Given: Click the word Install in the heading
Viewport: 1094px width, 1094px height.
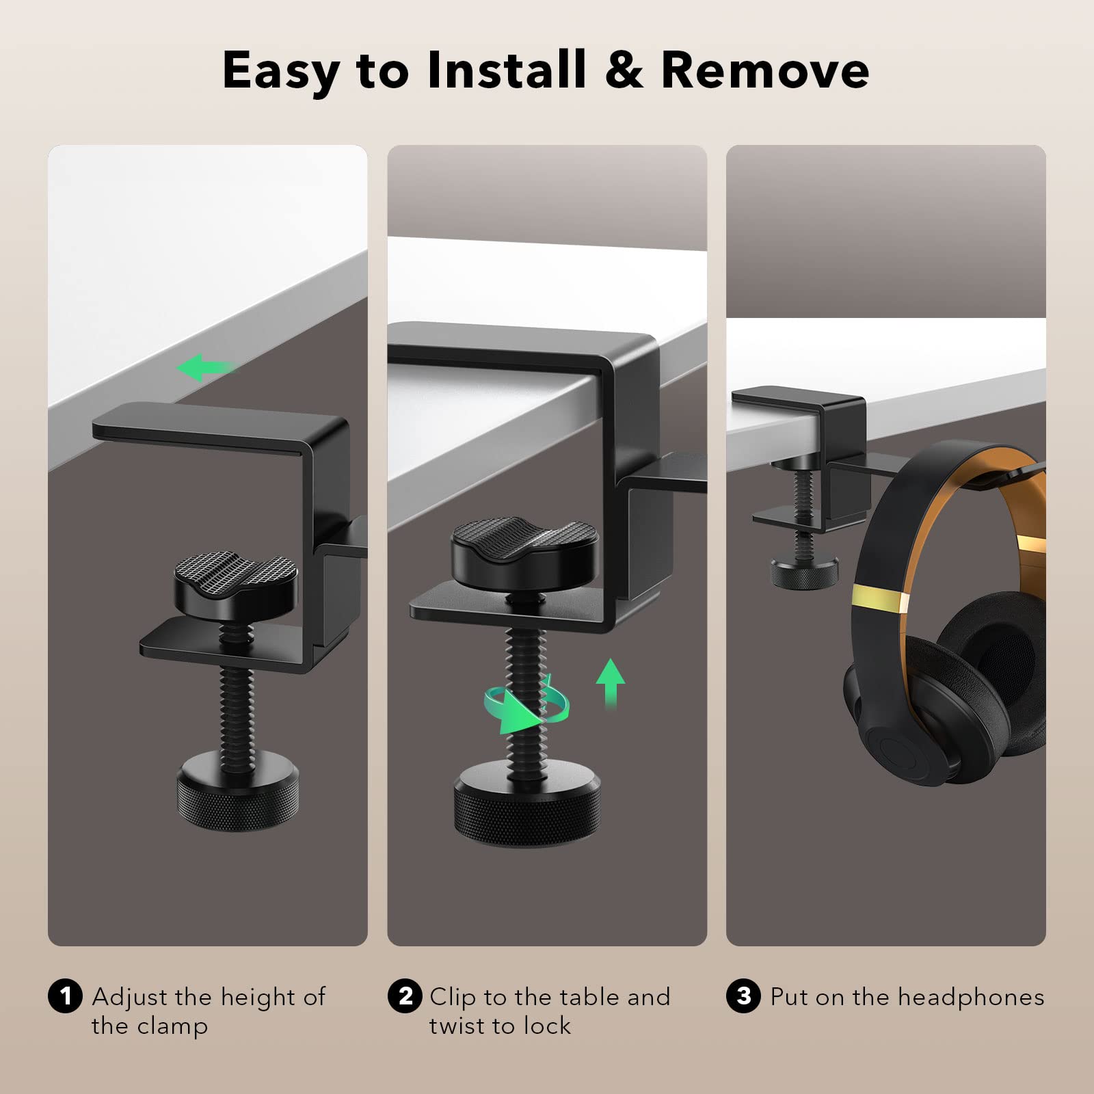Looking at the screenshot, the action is (507, 70).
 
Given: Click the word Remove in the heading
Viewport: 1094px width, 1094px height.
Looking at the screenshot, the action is (765, 70).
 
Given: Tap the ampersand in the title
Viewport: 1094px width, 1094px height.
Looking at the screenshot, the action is (624, 70).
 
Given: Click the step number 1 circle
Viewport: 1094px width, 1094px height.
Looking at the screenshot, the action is (65, 996).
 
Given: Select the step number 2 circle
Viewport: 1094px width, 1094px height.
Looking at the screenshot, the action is (405, 996).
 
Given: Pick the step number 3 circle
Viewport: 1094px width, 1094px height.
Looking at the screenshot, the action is (743, 996).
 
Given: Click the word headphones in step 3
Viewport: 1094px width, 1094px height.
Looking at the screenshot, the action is (970, 998).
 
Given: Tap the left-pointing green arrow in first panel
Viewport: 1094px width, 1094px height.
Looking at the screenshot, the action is (205, 368).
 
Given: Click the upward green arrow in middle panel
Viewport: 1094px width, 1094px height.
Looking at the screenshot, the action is (610, 682).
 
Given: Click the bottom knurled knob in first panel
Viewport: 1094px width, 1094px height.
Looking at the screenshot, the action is (237, 790).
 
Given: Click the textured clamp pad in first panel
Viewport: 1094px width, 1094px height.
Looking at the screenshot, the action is (236, 583).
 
